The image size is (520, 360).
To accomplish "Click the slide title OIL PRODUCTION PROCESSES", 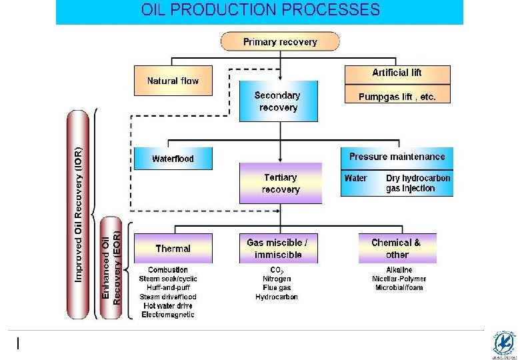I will [x=261, y=10].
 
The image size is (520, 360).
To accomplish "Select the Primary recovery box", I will [x=280, y=42].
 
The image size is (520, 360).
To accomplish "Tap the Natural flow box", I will [x=173, y=81].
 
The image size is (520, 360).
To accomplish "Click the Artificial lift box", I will [x=397, y=73].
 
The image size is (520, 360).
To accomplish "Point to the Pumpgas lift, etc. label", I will [x=397, y=97].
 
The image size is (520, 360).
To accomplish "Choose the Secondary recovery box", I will [x=278, y=101].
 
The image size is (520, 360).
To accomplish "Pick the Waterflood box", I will [x=173, y=159].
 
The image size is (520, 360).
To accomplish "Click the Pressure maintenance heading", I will [x=397, y=157].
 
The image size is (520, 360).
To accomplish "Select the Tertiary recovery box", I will [x=280, y=183].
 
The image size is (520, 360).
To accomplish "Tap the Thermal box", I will [x=173, y=248].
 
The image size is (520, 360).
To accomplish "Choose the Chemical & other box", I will [x=397, y=248].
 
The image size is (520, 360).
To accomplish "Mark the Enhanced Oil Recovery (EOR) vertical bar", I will [x=111, y=267].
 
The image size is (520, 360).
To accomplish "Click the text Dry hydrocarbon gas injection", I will [x=418, y=183].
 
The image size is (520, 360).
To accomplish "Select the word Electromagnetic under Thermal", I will [x=168, y=315].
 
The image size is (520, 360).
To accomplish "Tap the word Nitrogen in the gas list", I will [x=276, y=279].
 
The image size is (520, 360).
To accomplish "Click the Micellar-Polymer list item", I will [x=399, y=279].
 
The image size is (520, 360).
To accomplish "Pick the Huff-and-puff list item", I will [x=168, y=288].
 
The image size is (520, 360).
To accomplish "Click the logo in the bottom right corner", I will [x=503, y=344].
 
